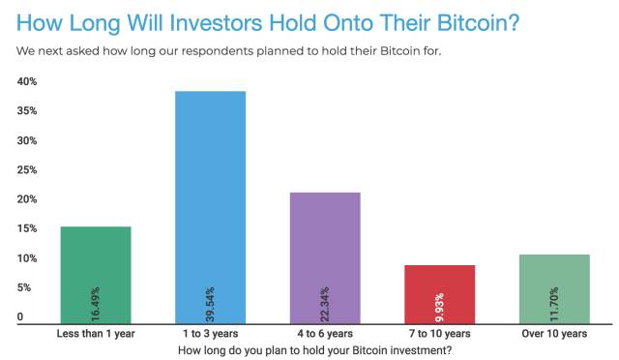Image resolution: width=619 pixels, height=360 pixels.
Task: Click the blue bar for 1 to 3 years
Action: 211,207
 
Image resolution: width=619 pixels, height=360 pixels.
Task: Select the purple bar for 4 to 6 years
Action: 325,258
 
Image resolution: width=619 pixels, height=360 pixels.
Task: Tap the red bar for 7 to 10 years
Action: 440,294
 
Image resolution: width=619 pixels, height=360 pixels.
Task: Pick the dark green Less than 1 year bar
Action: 96,275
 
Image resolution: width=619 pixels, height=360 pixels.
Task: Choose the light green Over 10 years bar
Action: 554,289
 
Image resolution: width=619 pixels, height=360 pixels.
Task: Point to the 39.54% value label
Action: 211,304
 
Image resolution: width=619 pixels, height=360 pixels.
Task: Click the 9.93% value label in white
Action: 440,308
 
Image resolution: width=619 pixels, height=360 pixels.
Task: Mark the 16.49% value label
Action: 96,304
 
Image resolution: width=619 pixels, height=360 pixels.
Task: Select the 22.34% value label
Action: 325,304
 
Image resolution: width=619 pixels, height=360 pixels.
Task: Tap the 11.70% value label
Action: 554,304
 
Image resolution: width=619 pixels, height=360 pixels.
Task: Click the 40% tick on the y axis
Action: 27,81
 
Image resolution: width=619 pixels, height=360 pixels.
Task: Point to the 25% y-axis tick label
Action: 27,170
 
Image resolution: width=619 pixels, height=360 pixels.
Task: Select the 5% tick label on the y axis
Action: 24,287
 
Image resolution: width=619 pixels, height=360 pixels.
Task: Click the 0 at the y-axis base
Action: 20,316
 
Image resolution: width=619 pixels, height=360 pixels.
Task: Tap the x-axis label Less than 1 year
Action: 96,334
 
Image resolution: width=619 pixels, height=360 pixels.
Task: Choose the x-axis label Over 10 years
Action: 554,334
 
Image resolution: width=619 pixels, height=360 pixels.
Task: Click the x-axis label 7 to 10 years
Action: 440,334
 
